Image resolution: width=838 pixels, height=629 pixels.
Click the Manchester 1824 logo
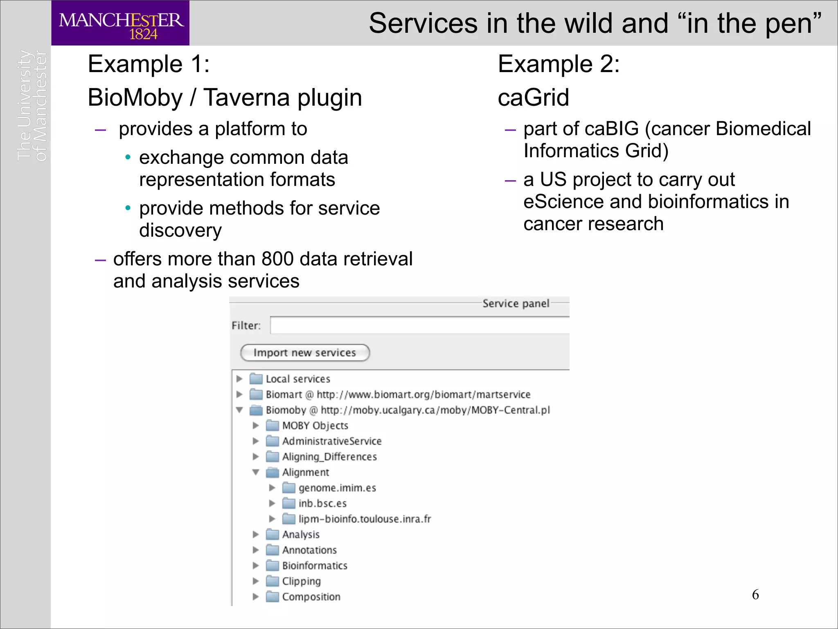pyautogui.click(x=120, y=23)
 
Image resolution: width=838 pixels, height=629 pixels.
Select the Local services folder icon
pyautogui.click(x=256, y=379)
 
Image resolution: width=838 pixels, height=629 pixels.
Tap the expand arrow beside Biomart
pyautogui.click(x=240, y=394)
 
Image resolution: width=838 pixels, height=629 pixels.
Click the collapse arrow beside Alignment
pyautogui.click(x=256, y=472)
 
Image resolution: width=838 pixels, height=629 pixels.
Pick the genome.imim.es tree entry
pyautogui.click(x=337, y=488)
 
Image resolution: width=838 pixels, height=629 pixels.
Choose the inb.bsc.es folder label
pyautogui.click(x=322, y=503)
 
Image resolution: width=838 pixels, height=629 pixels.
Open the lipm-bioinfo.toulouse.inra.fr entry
pyautogui.click(x=364, y=519)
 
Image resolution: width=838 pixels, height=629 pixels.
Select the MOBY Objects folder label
pyautogui.click(x=315, y=425)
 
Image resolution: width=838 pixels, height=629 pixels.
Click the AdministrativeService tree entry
pyautogui.click(x=331, y=441)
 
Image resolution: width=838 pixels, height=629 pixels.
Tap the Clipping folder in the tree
pyautogui.click(x=301, y=581)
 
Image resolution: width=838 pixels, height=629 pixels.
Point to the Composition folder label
pyautogui.click(x=311, y=597)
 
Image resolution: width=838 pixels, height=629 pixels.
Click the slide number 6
pyautogui.click(x=755, y=595)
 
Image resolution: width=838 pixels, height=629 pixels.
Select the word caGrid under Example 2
pyautogui.click(x=533, y=97)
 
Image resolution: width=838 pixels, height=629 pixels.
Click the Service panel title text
pyautogui.click(x=516, y=303)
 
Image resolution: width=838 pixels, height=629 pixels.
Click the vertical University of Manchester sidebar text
pyautogui.click(x=32, y=106)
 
